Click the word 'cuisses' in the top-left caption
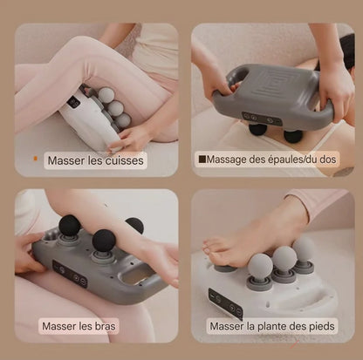[x=123, y=160]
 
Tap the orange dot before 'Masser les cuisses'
[x=35, y=159]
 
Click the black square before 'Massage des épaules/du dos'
[x=202, y=160]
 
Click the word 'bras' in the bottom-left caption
[x=104, y=328]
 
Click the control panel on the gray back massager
[x=261, y=117]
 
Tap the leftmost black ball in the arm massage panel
[x=70, y=225]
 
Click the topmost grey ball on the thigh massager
[x=105, y=94]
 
